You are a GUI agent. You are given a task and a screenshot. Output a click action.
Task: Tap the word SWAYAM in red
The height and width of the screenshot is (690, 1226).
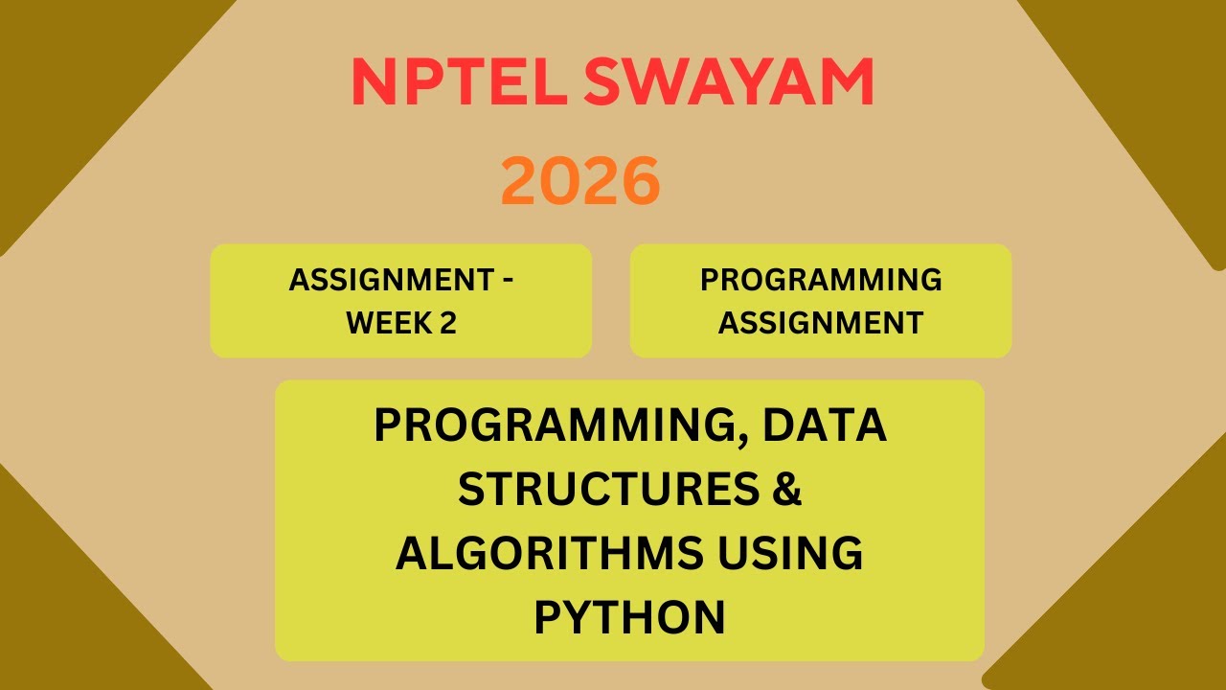[729, 83]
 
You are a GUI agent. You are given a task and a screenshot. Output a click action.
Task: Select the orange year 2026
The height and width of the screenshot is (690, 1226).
[580, 182]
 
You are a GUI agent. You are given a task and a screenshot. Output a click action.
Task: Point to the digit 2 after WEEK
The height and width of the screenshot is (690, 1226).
[447, 323]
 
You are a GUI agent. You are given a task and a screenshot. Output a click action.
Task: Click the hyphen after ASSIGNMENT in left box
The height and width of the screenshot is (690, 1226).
[507, 281]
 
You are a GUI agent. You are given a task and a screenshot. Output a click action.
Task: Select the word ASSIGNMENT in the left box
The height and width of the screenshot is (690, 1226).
[392, 281]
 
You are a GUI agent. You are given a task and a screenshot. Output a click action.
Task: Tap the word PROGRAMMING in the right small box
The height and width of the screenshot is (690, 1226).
[821, 280]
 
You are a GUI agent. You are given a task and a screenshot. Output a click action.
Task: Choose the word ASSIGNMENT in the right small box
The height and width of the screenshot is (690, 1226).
[821, 323]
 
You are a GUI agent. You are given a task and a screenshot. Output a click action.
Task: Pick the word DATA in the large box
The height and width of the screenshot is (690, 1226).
[825, 426]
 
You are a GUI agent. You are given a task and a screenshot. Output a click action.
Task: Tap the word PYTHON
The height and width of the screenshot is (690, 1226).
[629, 618]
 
